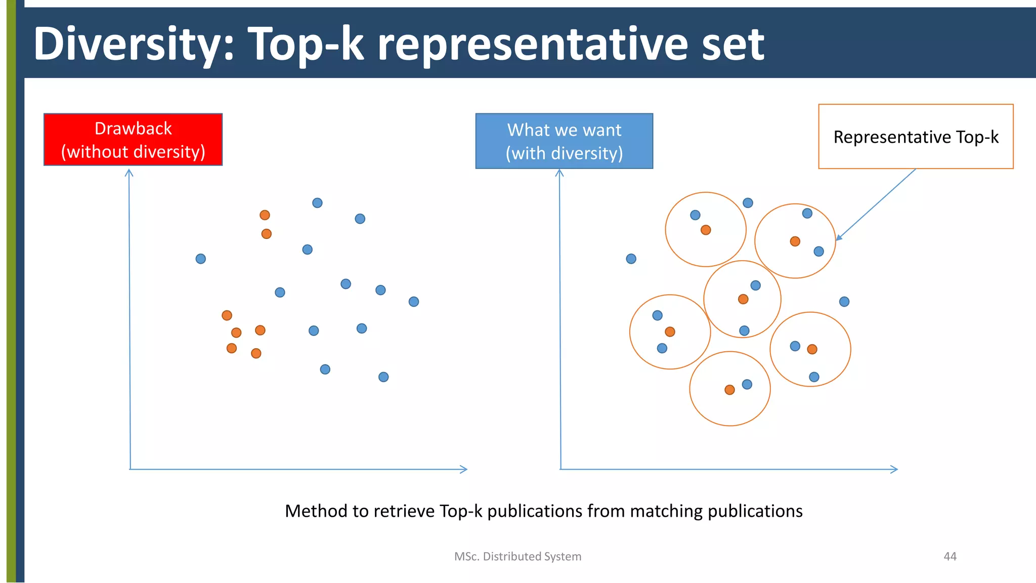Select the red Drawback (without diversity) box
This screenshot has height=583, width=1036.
point(133,140)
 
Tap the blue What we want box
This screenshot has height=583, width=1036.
point(564,141)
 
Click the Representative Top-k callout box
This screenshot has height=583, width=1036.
point(916,137)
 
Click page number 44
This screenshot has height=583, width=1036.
point(950,556)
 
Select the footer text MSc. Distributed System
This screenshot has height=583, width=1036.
point(517,556)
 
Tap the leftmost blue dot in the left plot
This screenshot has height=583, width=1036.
point(201,259)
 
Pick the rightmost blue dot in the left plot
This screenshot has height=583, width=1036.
point(414,302)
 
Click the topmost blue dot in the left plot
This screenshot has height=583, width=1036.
point(317,203)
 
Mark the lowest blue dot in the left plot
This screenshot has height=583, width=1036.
point(383,377)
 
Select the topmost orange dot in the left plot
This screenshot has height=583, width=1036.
point(265,215)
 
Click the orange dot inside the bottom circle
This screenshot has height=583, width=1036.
point(729,390)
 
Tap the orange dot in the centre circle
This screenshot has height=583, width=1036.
point(743,299)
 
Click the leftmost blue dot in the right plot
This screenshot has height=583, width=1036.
point(631,259)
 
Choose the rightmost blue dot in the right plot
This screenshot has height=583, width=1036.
point(844,302)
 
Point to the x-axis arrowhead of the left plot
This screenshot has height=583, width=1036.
point(464,469)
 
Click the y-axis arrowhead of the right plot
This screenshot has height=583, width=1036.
point(559,173)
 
